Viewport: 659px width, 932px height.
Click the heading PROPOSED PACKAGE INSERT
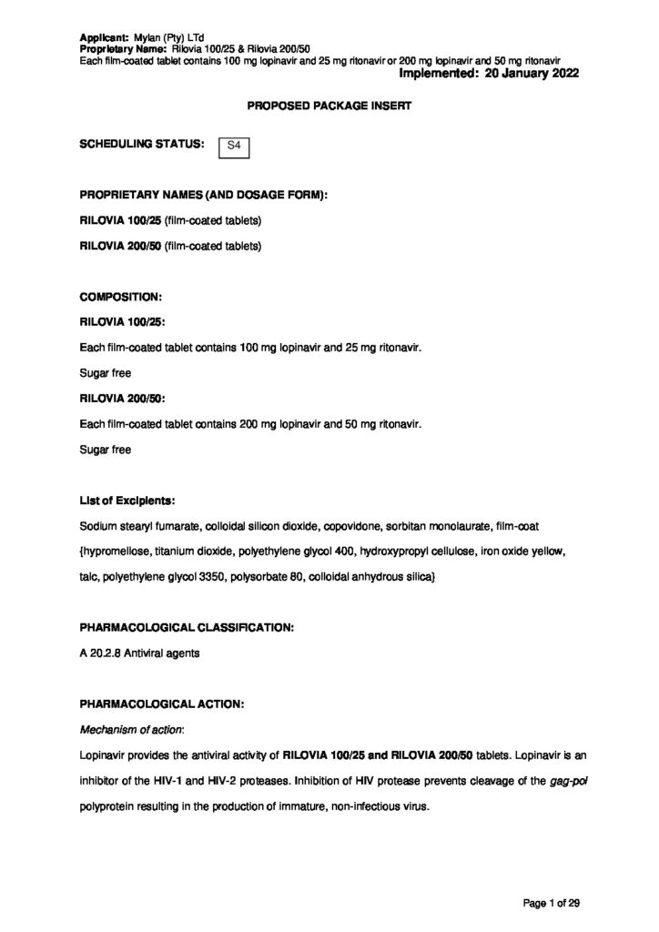pos(329,106)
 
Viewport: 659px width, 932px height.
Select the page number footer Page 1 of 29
pos(552,902)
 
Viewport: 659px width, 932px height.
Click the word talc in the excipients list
pos(89,578)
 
